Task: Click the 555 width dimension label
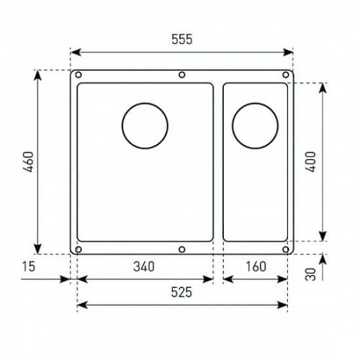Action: pyautogui.click(x=182, y=39)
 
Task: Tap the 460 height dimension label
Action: pyautogui.click(x=29, y=161)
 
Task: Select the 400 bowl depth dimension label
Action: pyautogui.click(x=310, y=161)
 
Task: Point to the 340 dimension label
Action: pyautogui.click(x=144, y=266)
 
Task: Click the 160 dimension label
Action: pyautogui.click(x=256, y=266)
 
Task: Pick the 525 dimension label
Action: pyautogui.click(x=181, y=292)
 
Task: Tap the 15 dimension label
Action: pyautogui.click(x=29, y=266)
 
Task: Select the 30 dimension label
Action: pyautogui.click(x=310, y=274)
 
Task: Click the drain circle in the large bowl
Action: pyautogui.click(x=122, y=126)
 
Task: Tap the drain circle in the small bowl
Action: pyautogui.click(x=233, y=126)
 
